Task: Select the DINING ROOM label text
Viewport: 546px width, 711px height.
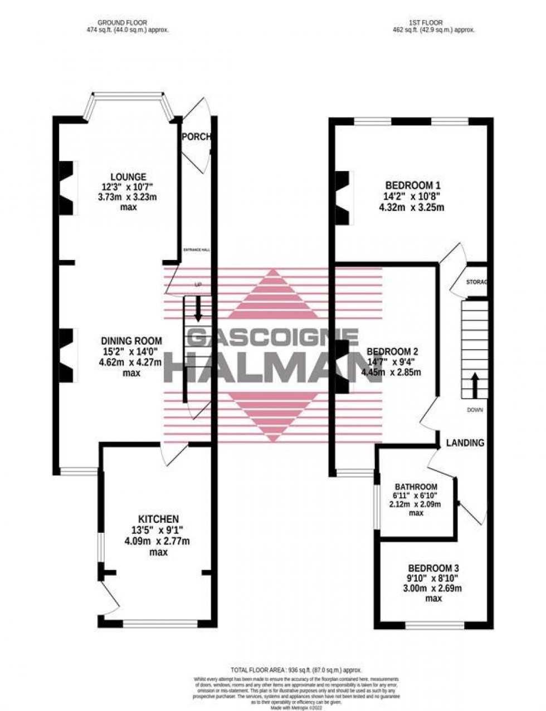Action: point(131,341)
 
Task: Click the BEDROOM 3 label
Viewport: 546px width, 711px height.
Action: point(433,568)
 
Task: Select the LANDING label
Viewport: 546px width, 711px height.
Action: point(465,443)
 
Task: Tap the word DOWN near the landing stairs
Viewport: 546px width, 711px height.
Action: point(475,410)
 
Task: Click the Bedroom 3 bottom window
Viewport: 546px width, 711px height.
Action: point(434,625)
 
